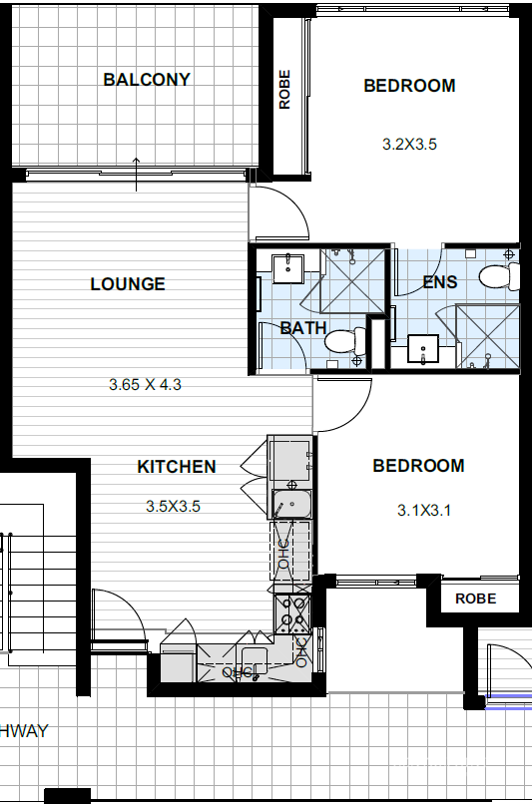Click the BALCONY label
tap(147, 80)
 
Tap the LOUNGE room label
tap(128, 284)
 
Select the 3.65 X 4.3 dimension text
tap(145, 385)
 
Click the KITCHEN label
tap(177, 467)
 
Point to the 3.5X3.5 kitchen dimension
tap(173, 507)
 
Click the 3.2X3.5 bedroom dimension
tap(409, 144)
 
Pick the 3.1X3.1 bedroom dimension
tap(424, 510)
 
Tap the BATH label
tap(303, 328)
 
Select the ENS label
tap(439, 282)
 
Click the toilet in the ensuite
tap(499, 276)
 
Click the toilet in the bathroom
tap(345, 341)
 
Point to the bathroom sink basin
tap(287, 268)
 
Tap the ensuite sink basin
tap(423, 349)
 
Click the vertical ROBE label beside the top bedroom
tap(284, 90)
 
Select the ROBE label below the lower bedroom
tap(475, 599)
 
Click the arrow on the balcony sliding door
tap(136, 175)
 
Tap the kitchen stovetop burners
tap(291, 613)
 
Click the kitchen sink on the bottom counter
tap(255, 660)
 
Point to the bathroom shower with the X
tap(352, 281)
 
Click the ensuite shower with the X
tap(487, 336)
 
